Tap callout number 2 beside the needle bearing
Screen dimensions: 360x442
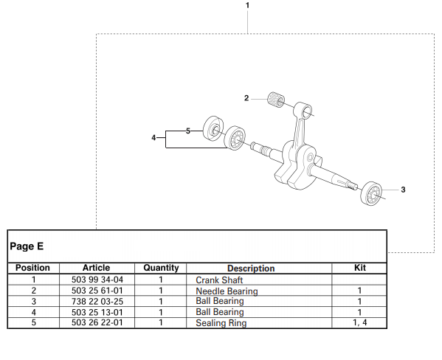248,97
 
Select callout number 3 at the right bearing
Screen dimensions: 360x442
403,190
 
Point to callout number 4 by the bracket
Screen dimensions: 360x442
153,138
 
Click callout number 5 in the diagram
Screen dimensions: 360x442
188,131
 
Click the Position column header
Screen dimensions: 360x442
33,268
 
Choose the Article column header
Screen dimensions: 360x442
97,268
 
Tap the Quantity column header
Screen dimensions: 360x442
161,268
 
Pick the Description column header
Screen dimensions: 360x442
251,269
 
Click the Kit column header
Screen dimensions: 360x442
360,268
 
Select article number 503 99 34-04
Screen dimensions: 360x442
97,280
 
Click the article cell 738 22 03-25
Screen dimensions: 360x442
97,301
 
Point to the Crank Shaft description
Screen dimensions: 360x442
219,280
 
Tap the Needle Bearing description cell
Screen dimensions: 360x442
227,291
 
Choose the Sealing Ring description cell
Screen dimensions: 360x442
221,323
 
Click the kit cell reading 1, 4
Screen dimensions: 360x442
360,322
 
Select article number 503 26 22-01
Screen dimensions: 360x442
97,322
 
